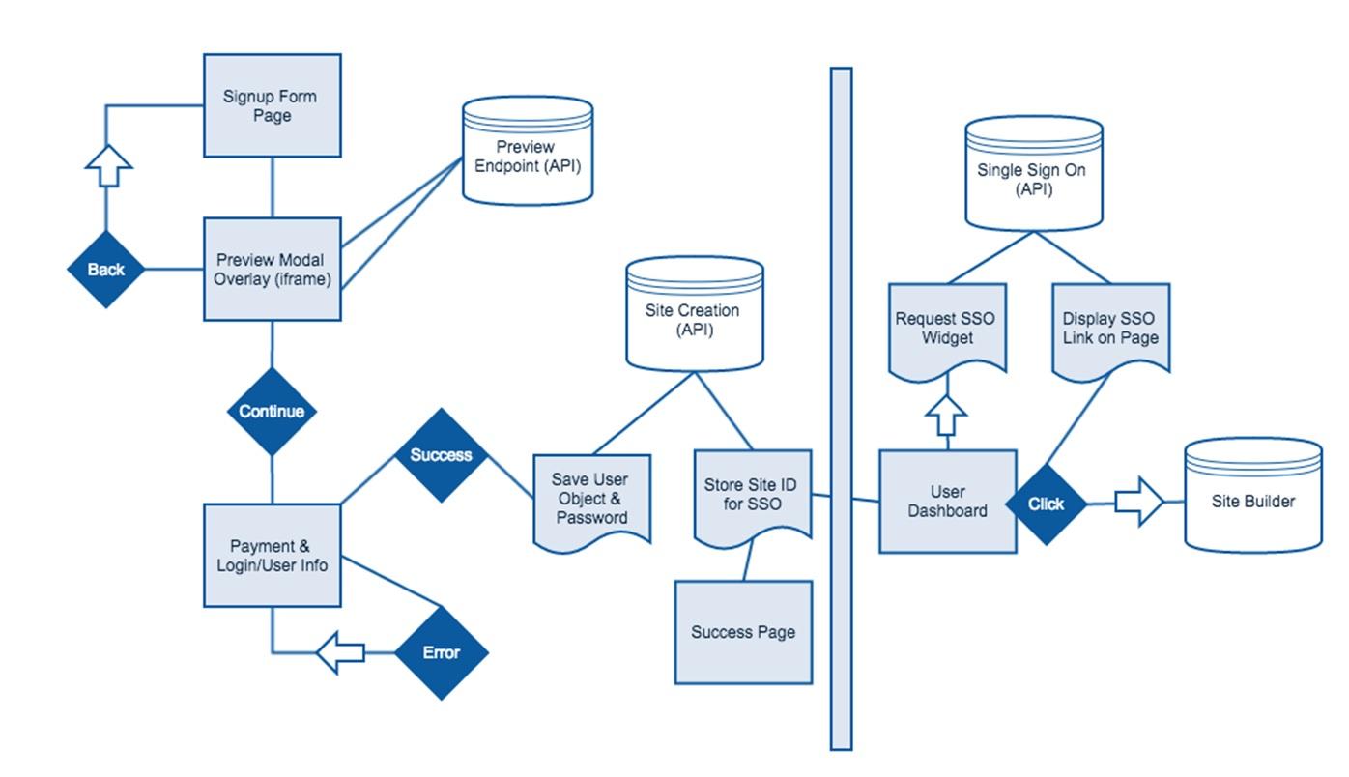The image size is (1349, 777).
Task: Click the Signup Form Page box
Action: pyautogui.click(x=272, y=105)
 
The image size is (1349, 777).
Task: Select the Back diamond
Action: pyautogui.click(x=105, y=270)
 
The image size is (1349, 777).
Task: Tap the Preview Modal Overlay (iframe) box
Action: pyautogui.click(x=272, y=270)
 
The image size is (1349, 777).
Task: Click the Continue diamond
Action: pyautogui.click(x=272, y=412)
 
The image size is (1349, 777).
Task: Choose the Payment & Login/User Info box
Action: pyautogui.click(x=272, y=556)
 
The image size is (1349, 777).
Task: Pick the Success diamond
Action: pyautogui.click(x=441, y=455)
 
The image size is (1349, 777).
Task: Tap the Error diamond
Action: pyautogui.click(x=441, y=653)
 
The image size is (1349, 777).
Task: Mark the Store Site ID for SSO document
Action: pyautogui.click(x=753, y=494)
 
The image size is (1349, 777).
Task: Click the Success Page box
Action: pyautogui.click(x=743, y=633)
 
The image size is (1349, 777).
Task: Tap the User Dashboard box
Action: pyautogui.click(x=947, y=502)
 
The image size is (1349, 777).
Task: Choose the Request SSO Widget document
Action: pyautogui.click(x=947, y=329)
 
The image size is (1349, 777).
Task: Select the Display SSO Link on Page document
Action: pyautogui.click(x=1110, y=329)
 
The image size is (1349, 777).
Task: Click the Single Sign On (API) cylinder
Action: pyautogui.click(x=1034, y=175)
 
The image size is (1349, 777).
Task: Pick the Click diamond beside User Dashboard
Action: pyautogui.click(x=1046, y=504)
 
